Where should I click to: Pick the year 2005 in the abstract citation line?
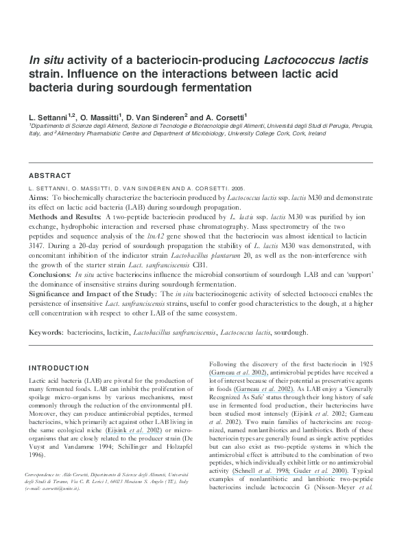[x=235, y=187]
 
